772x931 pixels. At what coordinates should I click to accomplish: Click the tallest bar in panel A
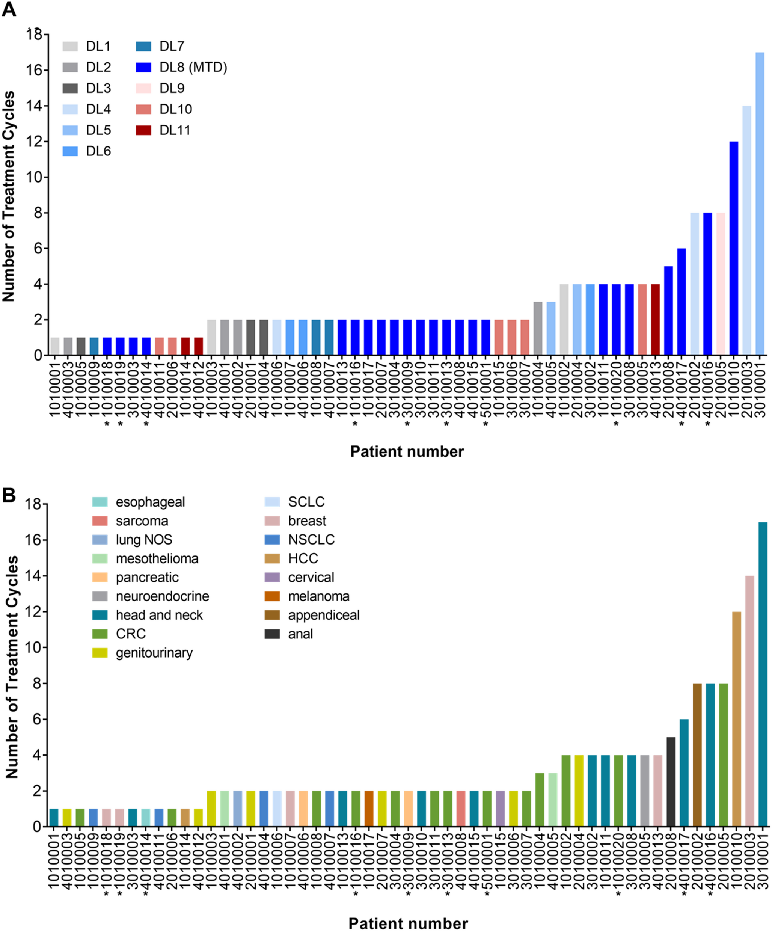coord(760,204)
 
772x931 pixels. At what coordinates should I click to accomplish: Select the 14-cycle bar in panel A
coord(747,230)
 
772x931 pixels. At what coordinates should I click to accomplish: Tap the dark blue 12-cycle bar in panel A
coord(733,248)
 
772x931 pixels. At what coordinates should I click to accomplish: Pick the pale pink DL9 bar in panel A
coord(721,284)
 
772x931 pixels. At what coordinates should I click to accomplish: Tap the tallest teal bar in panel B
coord(763,674)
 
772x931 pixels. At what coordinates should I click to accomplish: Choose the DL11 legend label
coord(175,130)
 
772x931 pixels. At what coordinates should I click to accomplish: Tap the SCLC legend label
coord(306,502)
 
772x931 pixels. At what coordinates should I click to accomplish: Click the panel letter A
coord(9,9)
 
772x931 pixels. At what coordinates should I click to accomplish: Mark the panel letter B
coord(9,495)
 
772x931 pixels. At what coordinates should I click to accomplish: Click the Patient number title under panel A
coord(407,451)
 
